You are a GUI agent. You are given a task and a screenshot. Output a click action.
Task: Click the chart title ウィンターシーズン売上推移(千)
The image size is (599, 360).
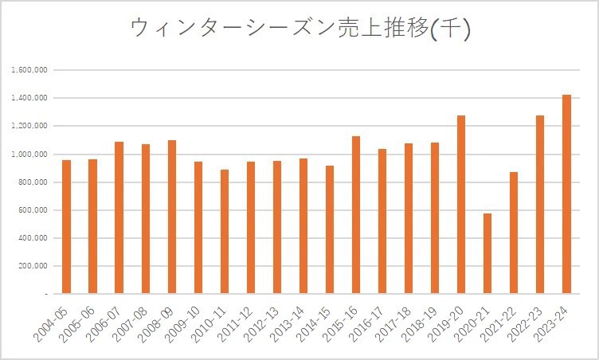pyautogui.click(x=299, y=29)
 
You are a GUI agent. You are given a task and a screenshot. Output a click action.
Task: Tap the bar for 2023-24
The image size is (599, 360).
pyautogui.click(x=566, y=194)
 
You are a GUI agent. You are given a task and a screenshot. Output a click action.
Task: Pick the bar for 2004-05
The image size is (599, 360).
pyautogui.click(x=66, y=227)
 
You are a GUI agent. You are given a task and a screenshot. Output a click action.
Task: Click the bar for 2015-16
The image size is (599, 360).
pyautogui.click(x=356, y=215)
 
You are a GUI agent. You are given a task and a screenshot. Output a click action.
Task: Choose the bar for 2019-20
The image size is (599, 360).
pyautogui.click(x=461, y=205)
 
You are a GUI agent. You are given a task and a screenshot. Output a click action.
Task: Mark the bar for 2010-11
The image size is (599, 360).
pyautogui.click(x=225, y=232)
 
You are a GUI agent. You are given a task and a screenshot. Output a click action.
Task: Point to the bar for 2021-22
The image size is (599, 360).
pyautogui.click(x=514, y=233)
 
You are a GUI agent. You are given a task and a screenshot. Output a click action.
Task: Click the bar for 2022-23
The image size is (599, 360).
pyautogui.click(x=540, y=205)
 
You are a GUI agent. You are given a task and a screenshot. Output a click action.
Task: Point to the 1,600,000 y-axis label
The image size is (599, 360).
pyautogui.click(x=30, y=70)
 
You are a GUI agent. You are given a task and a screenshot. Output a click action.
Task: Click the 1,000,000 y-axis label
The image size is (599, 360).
pyautogui.click(x=30, y=155)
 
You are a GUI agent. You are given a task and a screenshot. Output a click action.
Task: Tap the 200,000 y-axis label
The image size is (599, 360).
pyautogui.click(x=32, y=266)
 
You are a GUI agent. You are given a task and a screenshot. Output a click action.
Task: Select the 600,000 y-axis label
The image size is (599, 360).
pyautogui.click(x=32, y=210)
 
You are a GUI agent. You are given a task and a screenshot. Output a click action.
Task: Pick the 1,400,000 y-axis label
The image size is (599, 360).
pyautogui.click(x=30, y=98)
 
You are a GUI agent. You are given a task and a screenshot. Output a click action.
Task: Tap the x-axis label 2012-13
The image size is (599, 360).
pyautogui.click(x=263, y=323)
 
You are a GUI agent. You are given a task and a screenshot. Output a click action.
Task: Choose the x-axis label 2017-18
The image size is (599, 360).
pyautogui.click(x=394, y=323)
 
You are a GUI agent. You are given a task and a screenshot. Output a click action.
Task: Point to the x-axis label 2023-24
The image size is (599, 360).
pyautogui.click(x=552, y=323)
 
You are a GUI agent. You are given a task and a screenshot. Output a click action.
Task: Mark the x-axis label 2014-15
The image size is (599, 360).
pyautogui.click(x=315, y=323)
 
